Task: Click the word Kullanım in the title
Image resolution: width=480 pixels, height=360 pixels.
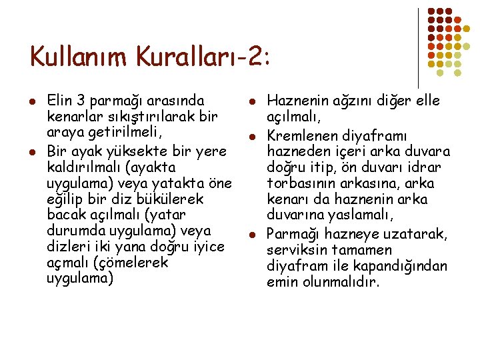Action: (79, 57)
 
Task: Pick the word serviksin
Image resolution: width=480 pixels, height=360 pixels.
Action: (295, 249)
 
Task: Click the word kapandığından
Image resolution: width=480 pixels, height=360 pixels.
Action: (407, 265)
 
